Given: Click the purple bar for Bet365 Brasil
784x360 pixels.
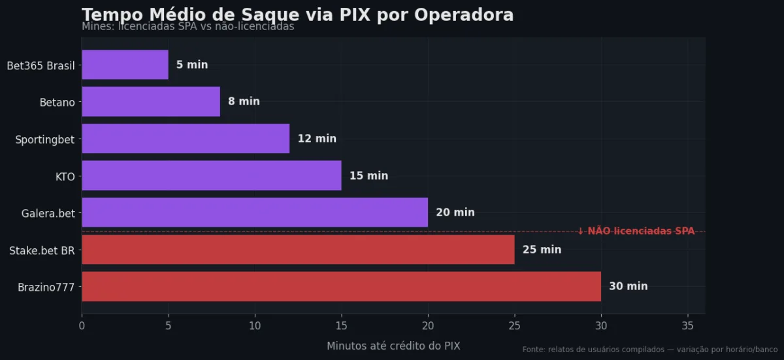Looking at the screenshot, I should point(125,65).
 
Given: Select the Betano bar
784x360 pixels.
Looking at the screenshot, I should point(151,102).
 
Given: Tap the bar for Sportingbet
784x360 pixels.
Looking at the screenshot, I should point(186,139).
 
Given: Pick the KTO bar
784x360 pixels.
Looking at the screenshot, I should point(211,176).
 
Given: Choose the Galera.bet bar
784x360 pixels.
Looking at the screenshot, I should point(255,212).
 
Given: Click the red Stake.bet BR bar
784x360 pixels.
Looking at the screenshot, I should point(298,250).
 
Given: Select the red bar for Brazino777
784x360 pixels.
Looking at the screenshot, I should point(341,286).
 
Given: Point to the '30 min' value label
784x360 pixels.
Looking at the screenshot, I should point(628,286).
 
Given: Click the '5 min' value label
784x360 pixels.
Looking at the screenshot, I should point(192,65).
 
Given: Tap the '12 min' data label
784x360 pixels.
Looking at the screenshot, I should point(317,139).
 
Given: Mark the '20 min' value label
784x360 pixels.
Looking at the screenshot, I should point(455,212).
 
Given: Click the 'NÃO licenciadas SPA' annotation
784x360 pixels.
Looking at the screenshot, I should point(636,231).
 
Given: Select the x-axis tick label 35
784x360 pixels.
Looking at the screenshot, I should point(687,325).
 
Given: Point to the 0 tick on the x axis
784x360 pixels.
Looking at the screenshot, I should point(82,325).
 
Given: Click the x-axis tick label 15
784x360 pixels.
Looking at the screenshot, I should point(341,325).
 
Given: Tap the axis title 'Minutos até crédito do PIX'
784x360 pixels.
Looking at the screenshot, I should point(393,346).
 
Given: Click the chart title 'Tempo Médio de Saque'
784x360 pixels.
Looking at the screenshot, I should point(297,15).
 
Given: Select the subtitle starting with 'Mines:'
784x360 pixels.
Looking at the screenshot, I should point(188,27).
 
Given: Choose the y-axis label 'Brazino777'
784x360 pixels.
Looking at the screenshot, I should point(46,286).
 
